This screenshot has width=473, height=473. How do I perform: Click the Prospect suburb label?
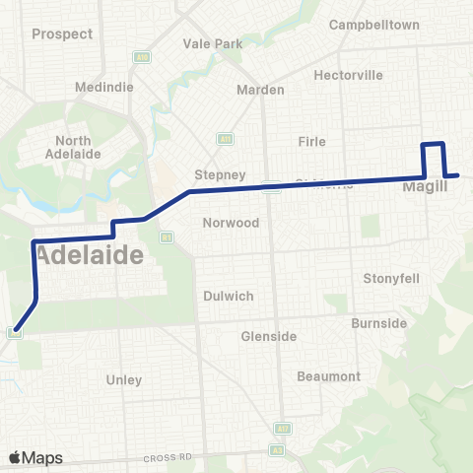point(62,34)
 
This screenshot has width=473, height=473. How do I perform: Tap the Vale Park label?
point(213,44)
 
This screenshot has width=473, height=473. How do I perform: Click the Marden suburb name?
point(260,90)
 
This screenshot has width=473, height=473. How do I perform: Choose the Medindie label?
point(82,86)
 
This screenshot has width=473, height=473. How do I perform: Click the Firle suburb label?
point(311,142)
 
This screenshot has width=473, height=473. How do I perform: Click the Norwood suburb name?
point(231,223)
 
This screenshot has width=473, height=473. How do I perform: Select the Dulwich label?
point(228,296)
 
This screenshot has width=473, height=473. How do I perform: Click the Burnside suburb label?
point(378,323)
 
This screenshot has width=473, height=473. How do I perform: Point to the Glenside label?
point(269,336)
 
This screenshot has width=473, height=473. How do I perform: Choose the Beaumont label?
point(329,376)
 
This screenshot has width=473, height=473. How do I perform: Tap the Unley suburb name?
point(123,379)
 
